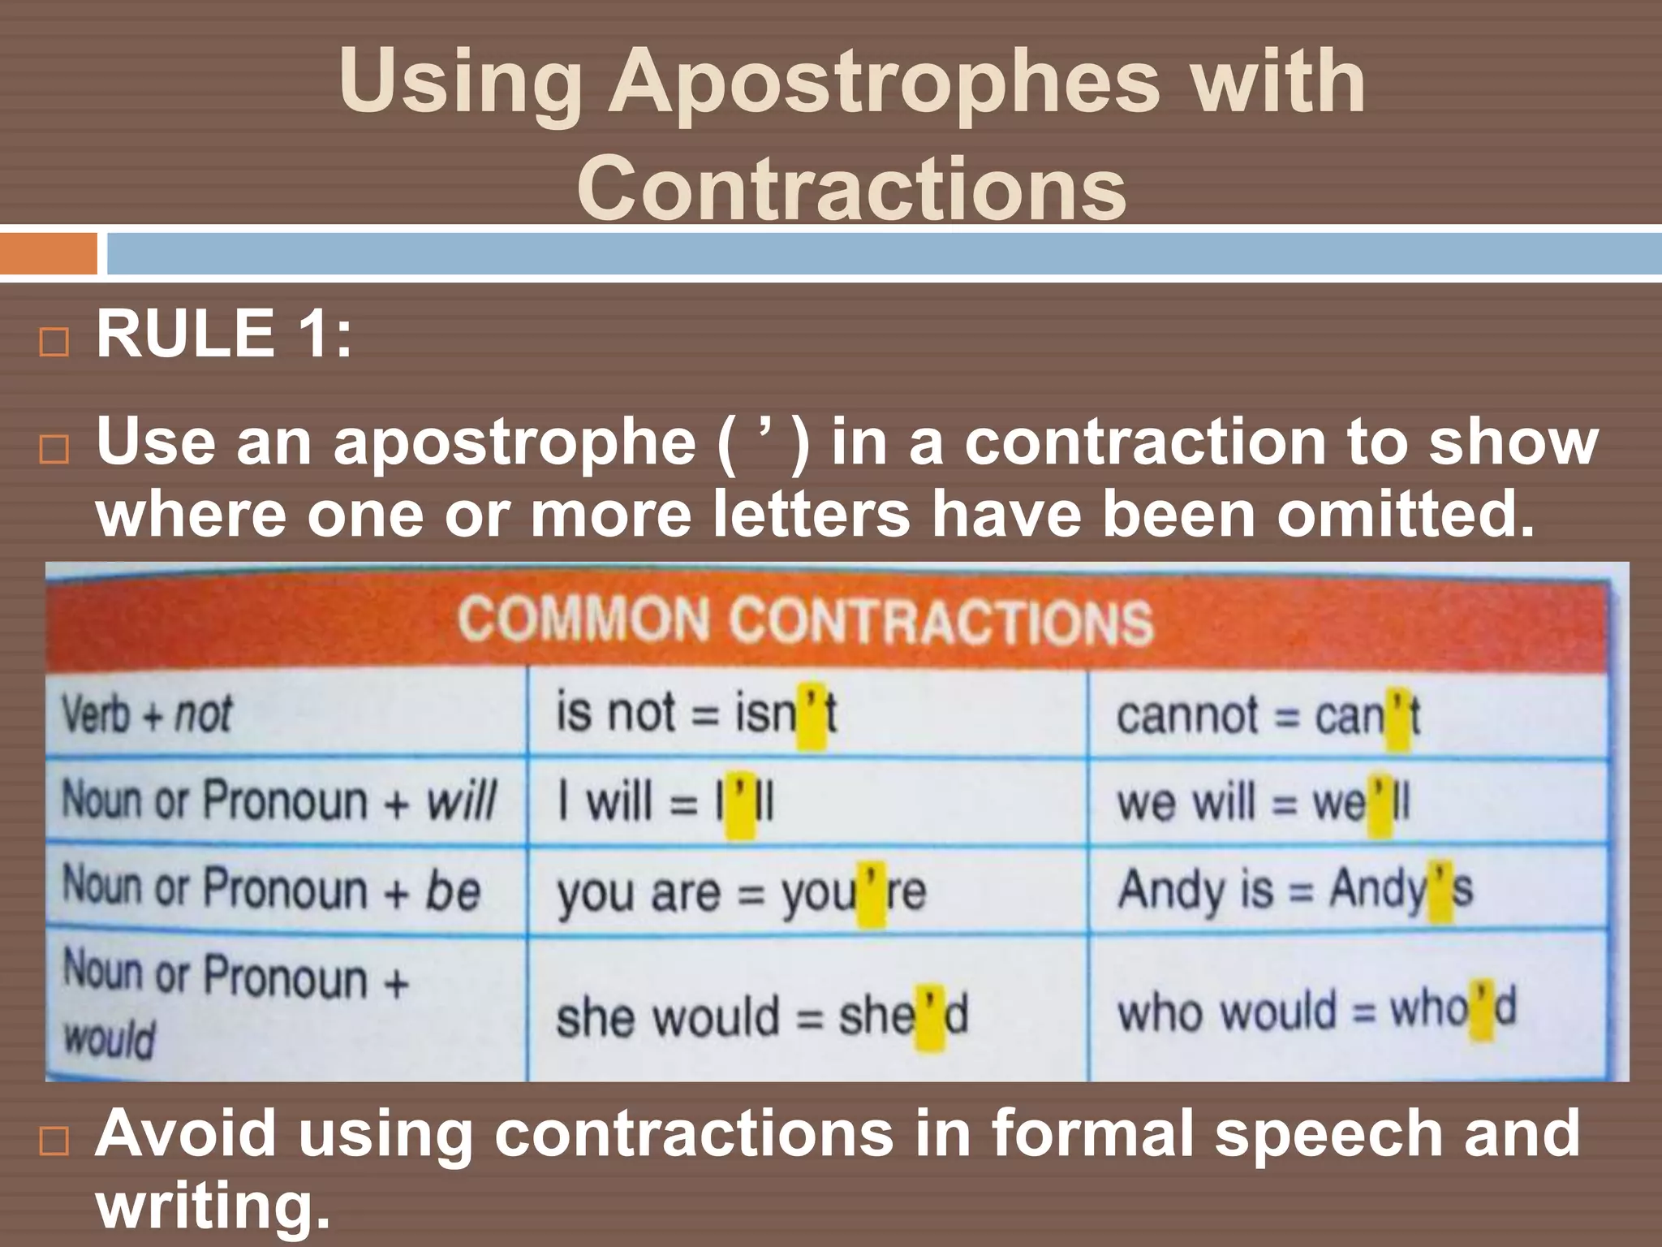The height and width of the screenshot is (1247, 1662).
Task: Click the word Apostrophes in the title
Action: point(884,83)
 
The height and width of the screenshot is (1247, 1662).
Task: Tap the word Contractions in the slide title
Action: point(851,188)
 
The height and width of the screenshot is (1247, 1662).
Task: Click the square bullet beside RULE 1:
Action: point(54,342)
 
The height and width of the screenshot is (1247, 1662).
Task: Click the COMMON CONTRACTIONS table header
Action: point(805,621)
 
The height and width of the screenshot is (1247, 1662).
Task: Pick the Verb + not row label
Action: point(147,714)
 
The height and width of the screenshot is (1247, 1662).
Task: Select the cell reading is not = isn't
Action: point(696,714)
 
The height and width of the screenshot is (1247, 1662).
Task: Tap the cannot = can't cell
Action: point(1268,716)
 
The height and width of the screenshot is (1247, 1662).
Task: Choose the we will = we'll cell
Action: point(1263,803)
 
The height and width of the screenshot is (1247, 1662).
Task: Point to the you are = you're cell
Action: point(741,892)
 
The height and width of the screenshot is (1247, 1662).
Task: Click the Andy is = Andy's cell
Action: point(1295,890)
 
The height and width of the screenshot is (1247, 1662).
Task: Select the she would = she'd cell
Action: point(762,1016)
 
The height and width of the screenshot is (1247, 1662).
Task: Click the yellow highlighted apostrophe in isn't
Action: point(811,714)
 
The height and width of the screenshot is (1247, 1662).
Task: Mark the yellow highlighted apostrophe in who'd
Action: point(1482,1009)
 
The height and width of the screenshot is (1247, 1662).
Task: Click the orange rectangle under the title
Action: point(48,253)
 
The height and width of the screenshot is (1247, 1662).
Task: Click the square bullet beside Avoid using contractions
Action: point(54,1142)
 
